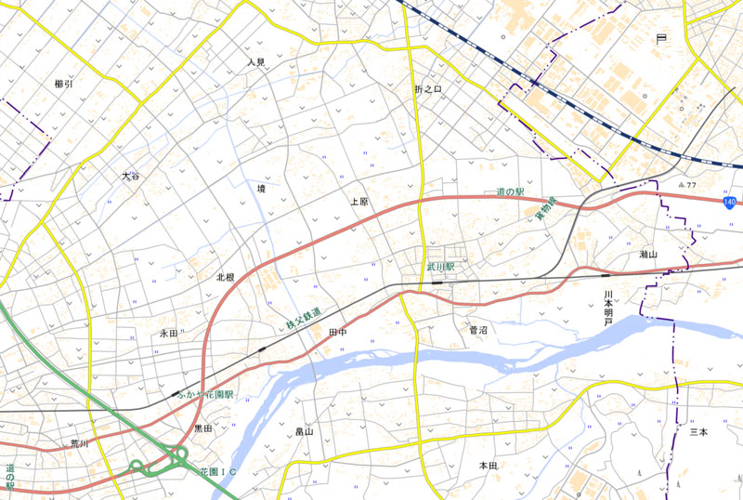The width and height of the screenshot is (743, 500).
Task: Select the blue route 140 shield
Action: [x=731, y=202]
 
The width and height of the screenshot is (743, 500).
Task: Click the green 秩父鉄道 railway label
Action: [x=304, y=320]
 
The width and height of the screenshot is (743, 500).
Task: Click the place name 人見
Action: [x=255, y=62]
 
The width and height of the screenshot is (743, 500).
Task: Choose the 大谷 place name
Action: [x=130, y=176]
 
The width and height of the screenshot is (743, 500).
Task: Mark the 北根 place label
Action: [x=225, y=277]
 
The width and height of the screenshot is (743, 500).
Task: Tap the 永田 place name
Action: [x=168, y=333]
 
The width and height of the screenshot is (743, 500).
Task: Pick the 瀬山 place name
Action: [x=647, y=254]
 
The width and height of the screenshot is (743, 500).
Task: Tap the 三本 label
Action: [x=698, y=432]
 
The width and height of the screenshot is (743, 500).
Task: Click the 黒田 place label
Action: [x=202, y=428]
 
